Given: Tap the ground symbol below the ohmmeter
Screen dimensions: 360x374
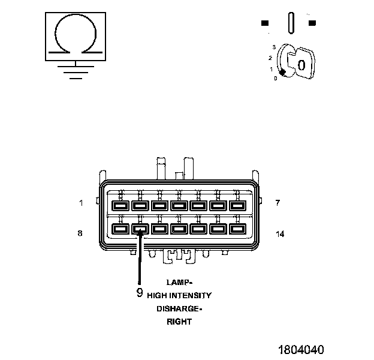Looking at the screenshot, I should tap(74, 71).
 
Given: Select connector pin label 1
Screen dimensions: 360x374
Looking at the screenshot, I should tap(81, 203).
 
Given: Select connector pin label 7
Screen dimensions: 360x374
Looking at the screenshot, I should tap(278, 203).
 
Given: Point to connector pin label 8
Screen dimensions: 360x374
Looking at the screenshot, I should tap(80, 233).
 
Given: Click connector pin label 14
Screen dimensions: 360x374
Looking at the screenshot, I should tap(279, 233).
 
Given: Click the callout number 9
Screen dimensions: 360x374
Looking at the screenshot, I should tap(140, 293).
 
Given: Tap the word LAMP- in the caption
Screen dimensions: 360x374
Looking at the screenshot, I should tap(179, 282).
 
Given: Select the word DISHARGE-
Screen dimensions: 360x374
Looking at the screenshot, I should tap(179, 308).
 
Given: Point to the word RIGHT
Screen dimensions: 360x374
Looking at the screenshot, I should tap(179, 322).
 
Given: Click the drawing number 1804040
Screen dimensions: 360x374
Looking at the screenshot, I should tap(300, 349).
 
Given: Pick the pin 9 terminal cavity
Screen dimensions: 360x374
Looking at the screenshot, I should tap(140, 229).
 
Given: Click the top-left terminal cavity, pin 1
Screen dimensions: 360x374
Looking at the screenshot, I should tap(120, 205).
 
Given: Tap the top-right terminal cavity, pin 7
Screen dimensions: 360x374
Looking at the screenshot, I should tap(237, 205).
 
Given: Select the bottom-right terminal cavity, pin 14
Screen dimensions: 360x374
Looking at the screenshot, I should tap(237, 229).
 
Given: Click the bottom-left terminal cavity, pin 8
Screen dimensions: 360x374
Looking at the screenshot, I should tap(120, 229).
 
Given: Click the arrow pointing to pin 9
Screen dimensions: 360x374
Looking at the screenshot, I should tap(140, 258).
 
